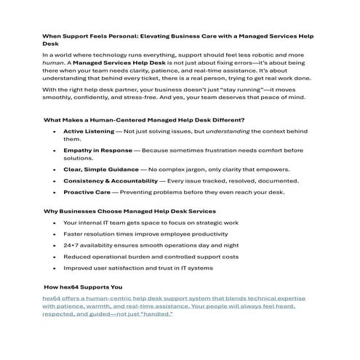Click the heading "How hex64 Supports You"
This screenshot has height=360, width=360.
[x=83, y=287]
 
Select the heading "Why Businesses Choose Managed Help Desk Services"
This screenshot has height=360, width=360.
[x=121, y=211]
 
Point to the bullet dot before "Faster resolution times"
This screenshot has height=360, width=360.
[x=55, y=234]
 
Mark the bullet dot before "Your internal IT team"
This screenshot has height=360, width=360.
[x=55, y=223]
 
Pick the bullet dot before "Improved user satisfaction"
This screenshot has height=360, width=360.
[x=55, y=269]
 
